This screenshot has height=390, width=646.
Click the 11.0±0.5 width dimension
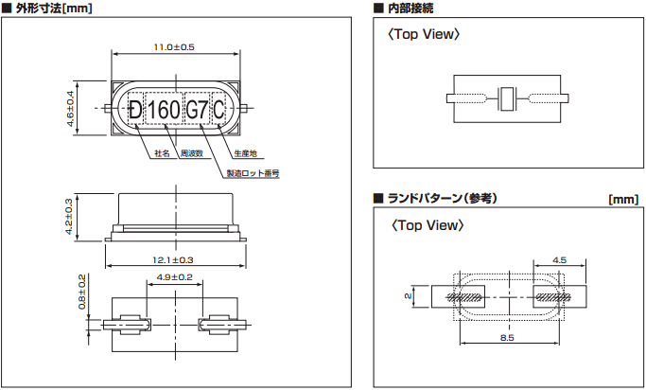(x=173, y=47)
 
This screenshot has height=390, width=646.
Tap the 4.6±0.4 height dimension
(x=70, y=110)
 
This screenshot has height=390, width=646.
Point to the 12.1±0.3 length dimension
(x=173, y=259)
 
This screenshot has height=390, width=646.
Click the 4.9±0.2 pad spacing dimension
(x=173, y=277)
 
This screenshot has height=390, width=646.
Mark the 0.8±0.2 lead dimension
(x=82, y=292)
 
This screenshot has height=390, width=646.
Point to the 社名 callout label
(x=161, y=152)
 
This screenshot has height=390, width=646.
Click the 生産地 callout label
(x=244, y=152)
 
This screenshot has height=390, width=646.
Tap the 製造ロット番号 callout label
(x=253, y=173)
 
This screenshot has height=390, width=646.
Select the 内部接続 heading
(x=411, y=9)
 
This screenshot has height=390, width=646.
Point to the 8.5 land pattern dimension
(x=507, y=338)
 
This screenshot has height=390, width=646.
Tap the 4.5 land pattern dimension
(x=559, y=258)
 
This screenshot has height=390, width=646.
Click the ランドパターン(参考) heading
(x=441, y=199)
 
